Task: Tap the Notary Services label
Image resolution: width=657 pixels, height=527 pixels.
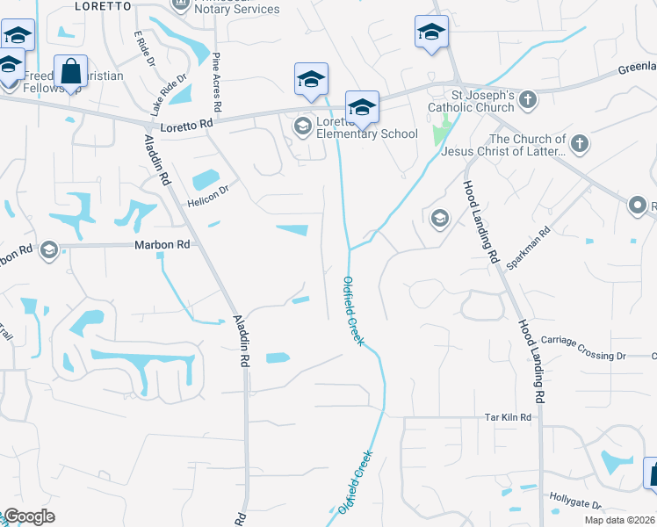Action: [236, 10]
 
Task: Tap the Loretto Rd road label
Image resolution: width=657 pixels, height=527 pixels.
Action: [187, 125]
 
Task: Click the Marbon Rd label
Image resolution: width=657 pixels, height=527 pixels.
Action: [162, 244]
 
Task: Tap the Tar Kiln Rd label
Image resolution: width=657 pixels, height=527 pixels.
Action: [509, 417]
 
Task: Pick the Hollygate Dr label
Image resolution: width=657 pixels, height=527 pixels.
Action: [575, 505]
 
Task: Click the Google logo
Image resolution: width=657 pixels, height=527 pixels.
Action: [30, 516]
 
